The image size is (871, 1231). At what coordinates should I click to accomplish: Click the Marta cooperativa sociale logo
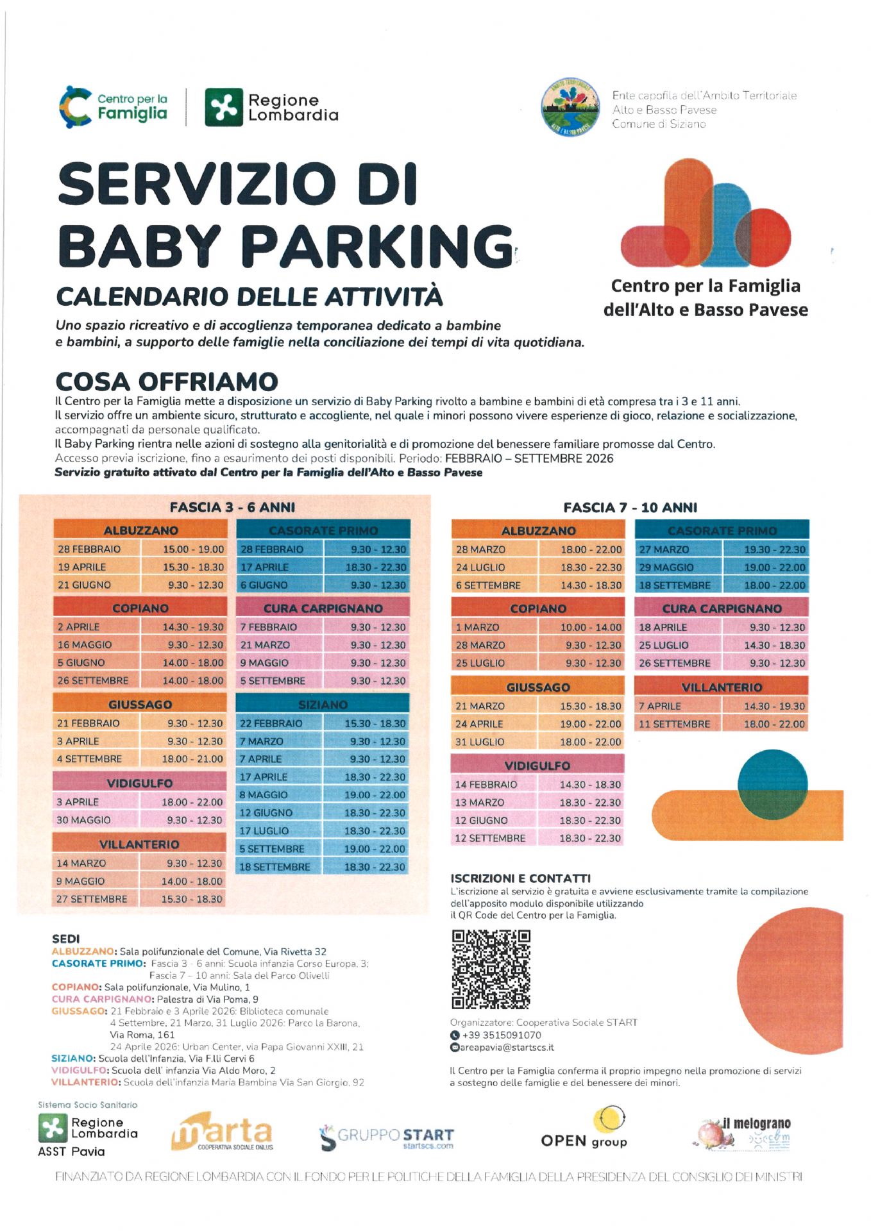pyautogui.click(x=222, y=1133)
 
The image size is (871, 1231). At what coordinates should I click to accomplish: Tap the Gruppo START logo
pyautogui.click(x=386, y=1137)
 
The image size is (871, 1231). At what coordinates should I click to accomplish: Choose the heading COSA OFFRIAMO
pyautogui.click(x=167, y=381)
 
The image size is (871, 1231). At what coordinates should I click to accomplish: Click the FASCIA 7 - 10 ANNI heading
pyautogui.click(x=630, y=507)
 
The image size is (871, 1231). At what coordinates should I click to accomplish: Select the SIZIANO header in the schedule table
pyautogui.click(x=323, y=704)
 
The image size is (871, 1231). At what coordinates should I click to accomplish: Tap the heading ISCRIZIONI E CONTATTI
pyautogui.click(x=520, y=878)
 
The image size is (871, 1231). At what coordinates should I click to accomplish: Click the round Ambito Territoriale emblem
pyautogui.click(x=568, y=107)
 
